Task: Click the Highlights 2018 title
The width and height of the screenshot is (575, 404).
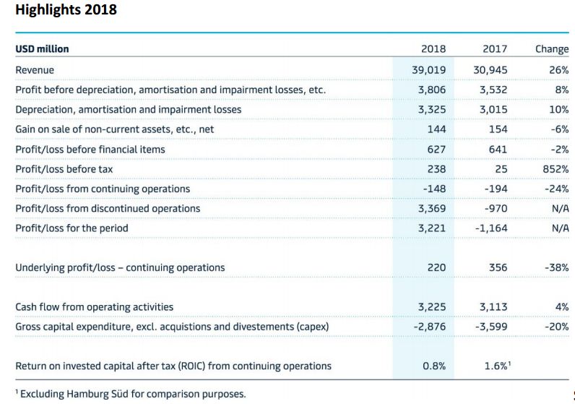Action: point(66,11)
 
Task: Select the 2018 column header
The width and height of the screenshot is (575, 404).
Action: point(433,49)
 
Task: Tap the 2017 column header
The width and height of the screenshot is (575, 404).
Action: point(494,49)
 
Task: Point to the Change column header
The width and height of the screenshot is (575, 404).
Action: point(552,49)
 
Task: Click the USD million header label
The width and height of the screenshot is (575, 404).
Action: point(43,49)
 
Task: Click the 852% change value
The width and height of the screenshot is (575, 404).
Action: point(555,168)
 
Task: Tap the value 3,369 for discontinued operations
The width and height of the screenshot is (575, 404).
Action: point(432,208)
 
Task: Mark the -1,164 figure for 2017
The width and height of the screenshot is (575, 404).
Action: point(491,228)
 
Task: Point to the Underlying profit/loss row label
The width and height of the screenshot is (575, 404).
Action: point(120,267)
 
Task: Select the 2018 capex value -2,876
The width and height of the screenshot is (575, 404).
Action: point(430,326)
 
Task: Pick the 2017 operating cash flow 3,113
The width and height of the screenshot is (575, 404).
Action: point(493,306)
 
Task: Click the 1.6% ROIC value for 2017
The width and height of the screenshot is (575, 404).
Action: point(496,366)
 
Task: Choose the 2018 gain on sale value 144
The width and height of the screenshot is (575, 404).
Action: point(436,129)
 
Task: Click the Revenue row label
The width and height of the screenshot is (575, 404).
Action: point(35,70)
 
